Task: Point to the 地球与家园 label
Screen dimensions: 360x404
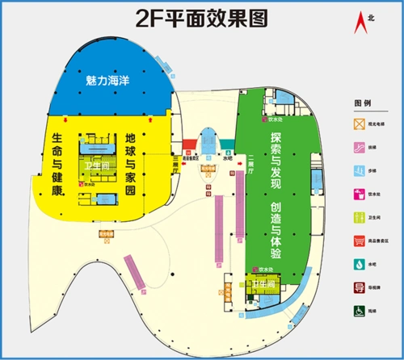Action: point(130,165)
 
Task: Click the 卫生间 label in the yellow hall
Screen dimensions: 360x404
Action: point(95,165)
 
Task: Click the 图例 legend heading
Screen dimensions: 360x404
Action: point(361,104)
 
